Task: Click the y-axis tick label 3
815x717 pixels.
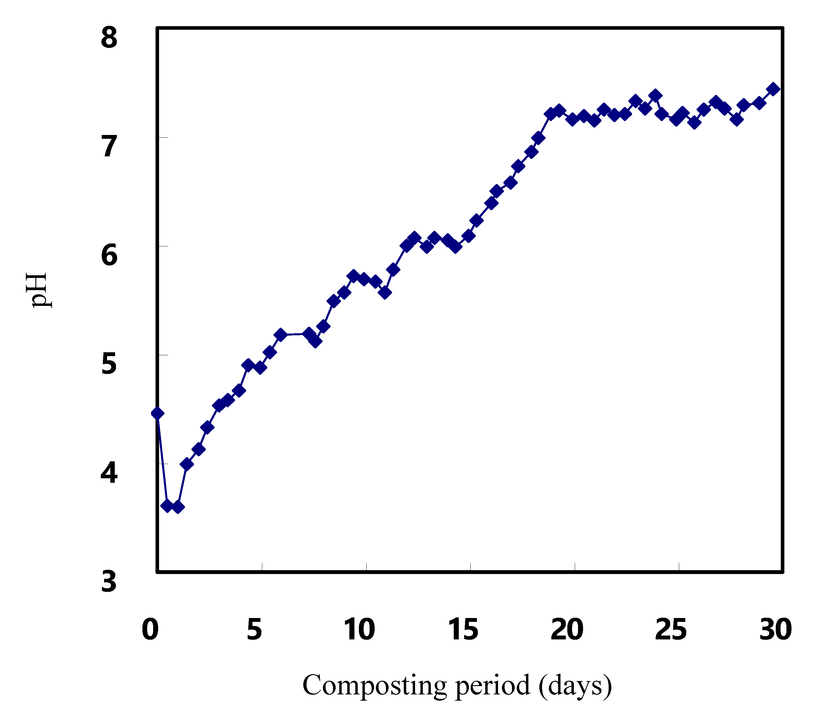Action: [x=109, y=581]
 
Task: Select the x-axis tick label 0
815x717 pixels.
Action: [x=150, y=630]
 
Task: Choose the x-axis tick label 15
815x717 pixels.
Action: [x=463, y=630]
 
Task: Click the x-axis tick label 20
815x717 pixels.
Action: [x=567, y=630]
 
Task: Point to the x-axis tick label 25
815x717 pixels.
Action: [x=671, y=630]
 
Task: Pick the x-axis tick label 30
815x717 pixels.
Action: [x=775, y=630]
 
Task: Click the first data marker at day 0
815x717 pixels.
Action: [x=158, y=413]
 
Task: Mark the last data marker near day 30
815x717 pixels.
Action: [x=774, y=89]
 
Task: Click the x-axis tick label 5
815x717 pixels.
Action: [x=255, y=630]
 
